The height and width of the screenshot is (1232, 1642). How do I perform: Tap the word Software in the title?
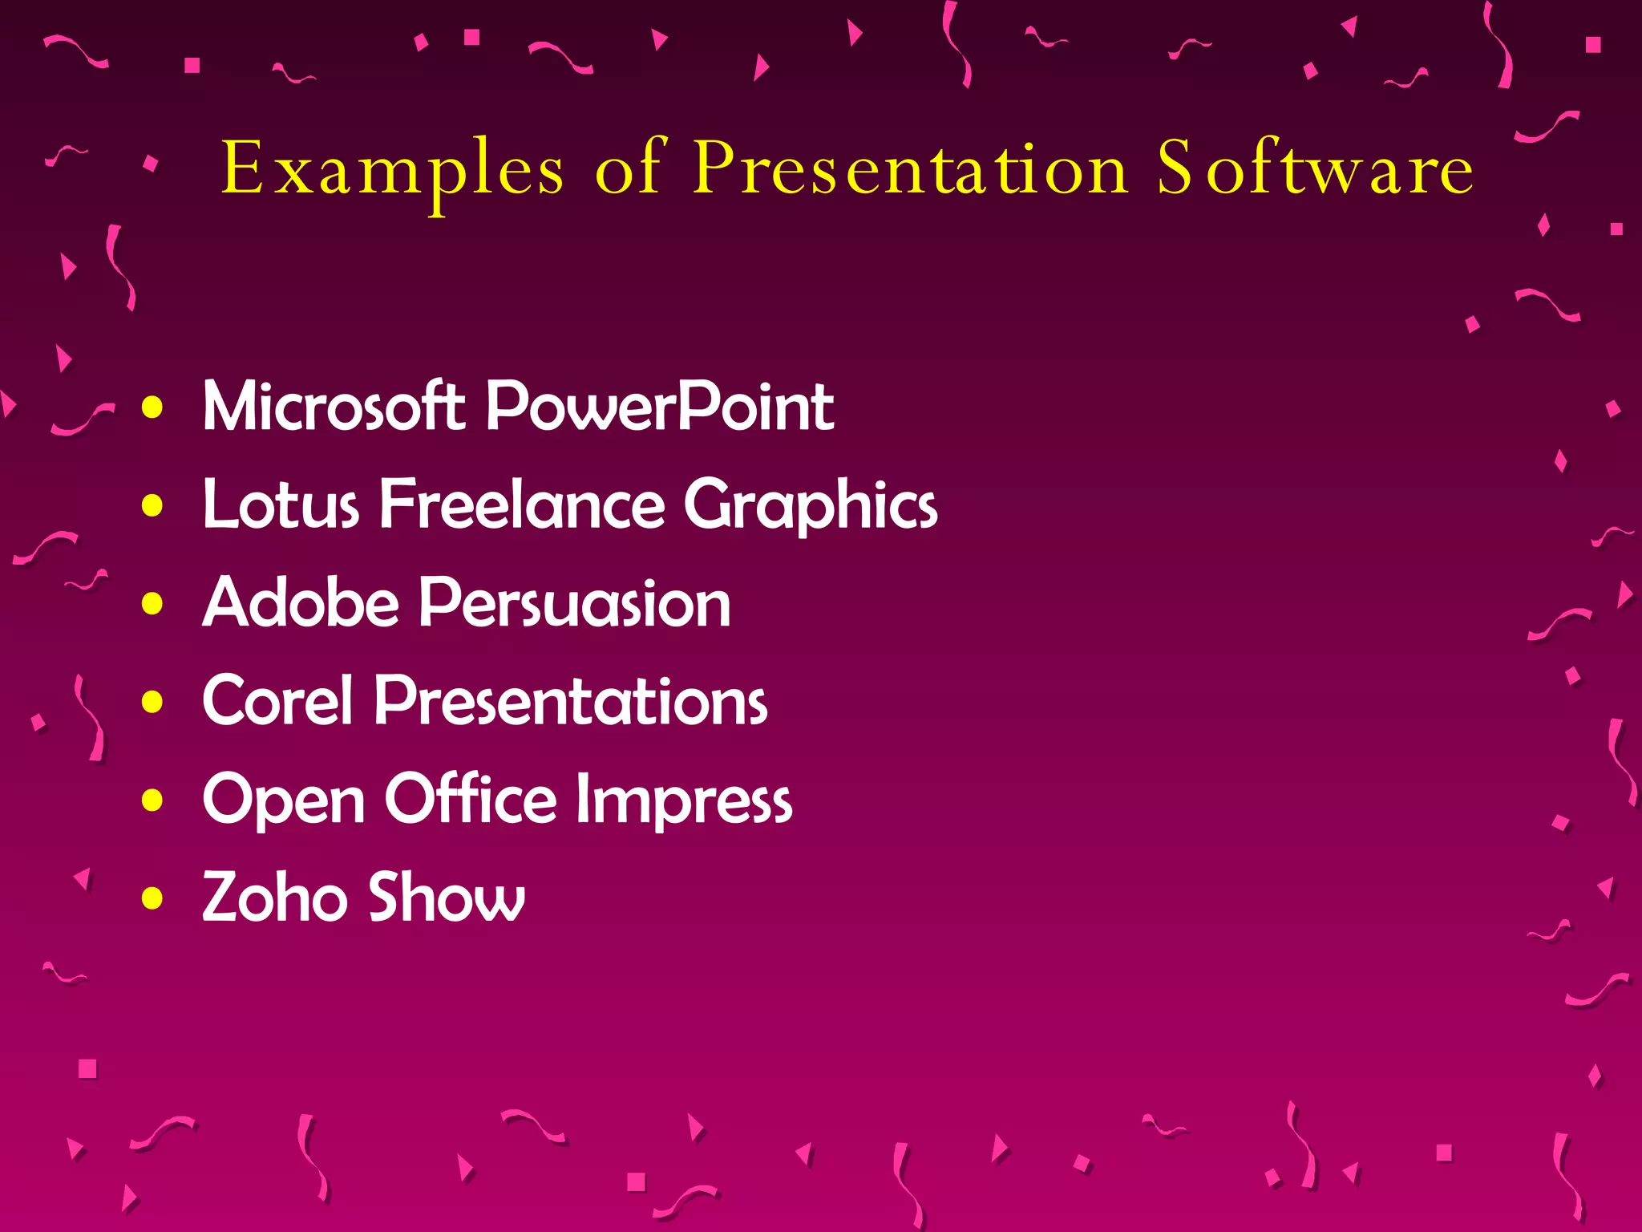[1315, 168]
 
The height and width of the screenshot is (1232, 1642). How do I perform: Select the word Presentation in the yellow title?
[911, 168]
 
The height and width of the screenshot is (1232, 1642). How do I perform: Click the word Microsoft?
[334, 406]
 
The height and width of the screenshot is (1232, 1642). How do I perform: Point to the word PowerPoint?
[660, 406]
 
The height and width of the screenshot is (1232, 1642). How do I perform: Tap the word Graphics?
[811, 505]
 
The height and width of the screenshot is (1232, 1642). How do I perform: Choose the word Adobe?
[301, 602]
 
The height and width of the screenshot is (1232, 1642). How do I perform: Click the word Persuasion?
[575, 602]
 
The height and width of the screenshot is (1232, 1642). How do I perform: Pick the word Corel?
[277, 700]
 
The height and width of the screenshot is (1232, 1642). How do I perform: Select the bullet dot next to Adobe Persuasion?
[152, 604]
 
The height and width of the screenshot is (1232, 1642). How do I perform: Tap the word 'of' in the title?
[629, 168]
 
